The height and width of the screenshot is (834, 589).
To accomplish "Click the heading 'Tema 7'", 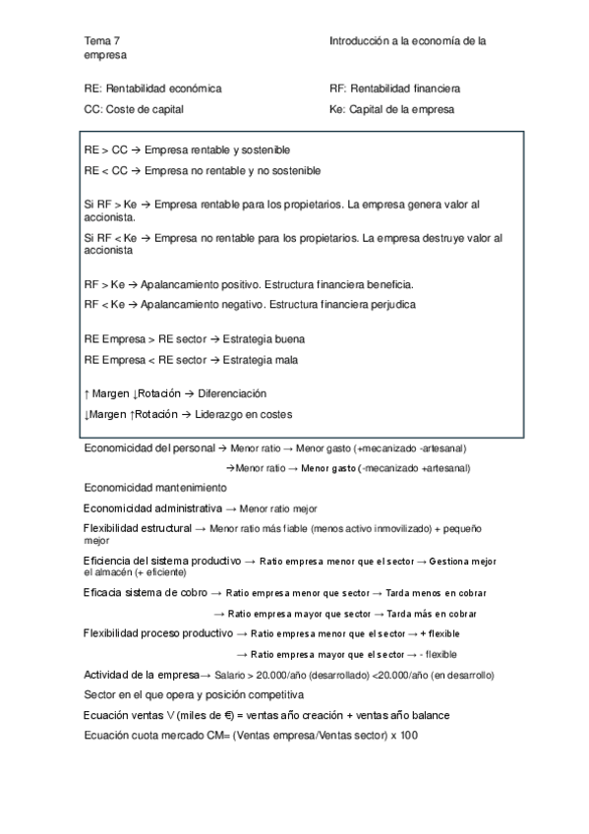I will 102,40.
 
